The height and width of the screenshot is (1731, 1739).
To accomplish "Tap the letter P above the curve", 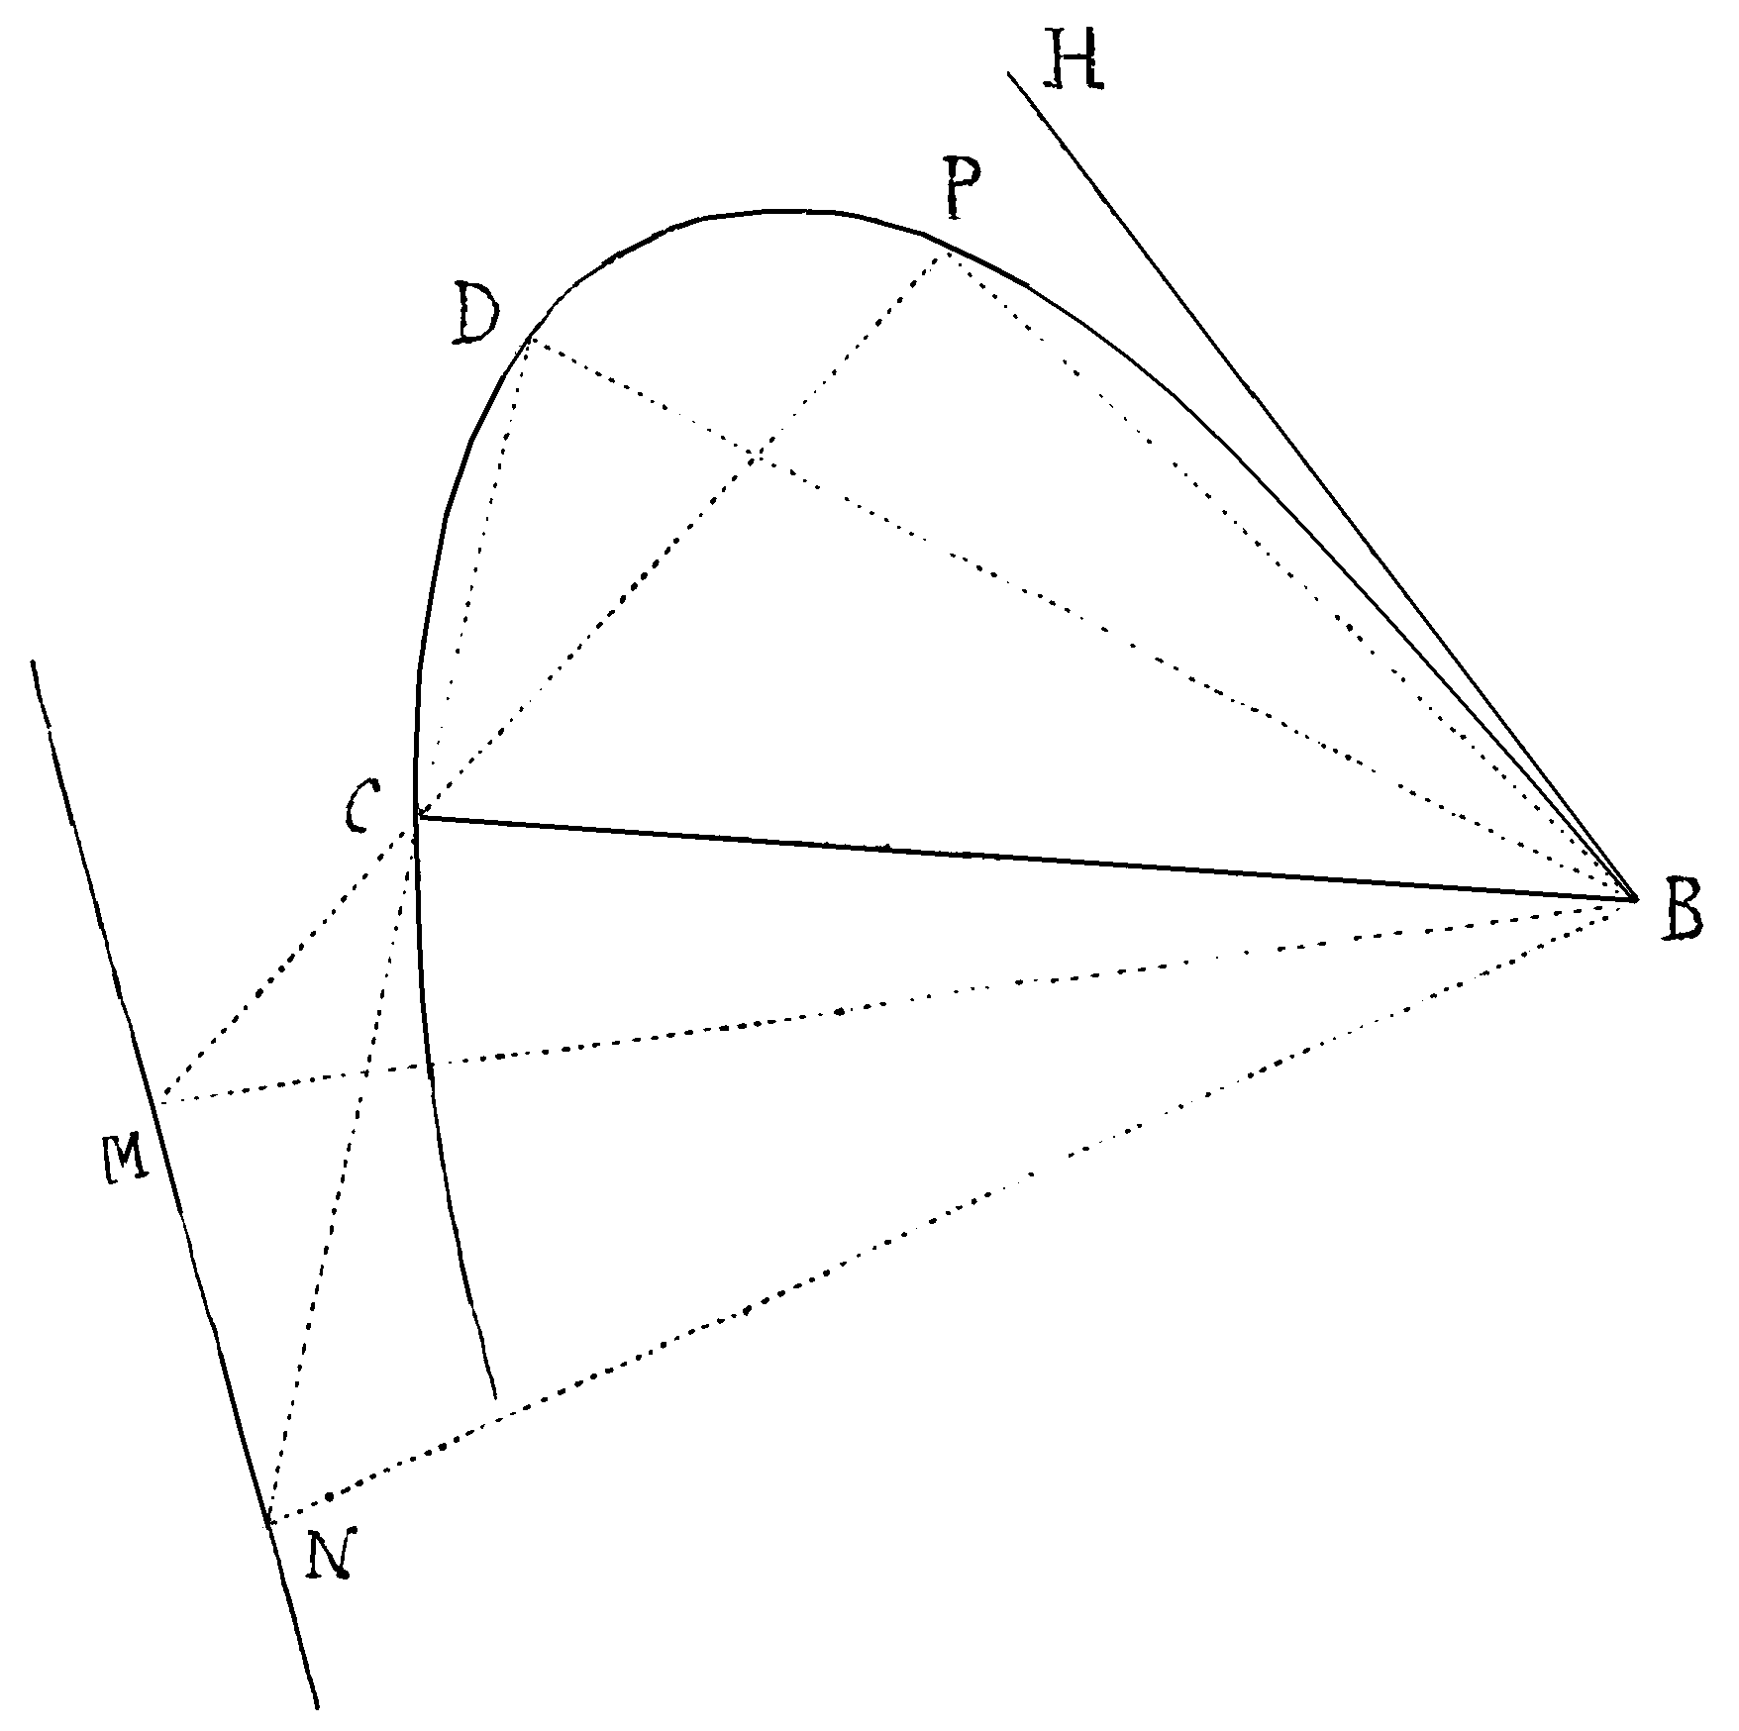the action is (x=962, y=190).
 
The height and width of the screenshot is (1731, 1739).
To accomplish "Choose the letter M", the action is (x=126, y=1157).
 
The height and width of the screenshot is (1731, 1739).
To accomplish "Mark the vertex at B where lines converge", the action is (x=1636, y=899).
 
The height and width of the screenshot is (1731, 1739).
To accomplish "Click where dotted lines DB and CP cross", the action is (x=758, y=457).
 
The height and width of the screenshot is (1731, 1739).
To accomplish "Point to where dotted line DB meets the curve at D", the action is (x=531, y=340).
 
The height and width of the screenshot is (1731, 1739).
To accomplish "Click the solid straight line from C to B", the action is (x=1027, y=858).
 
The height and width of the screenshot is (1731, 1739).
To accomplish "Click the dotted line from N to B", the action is (x=953, y=1211).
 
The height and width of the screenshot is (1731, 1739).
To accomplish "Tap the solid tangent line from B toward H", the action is (x=1322, y=485).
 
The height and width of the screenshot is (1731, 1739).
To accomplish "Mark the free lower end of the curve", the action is (x=493, y=1397).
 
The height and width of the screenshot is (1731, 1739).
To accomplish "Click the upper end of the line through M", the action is (x=34, y=661).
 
